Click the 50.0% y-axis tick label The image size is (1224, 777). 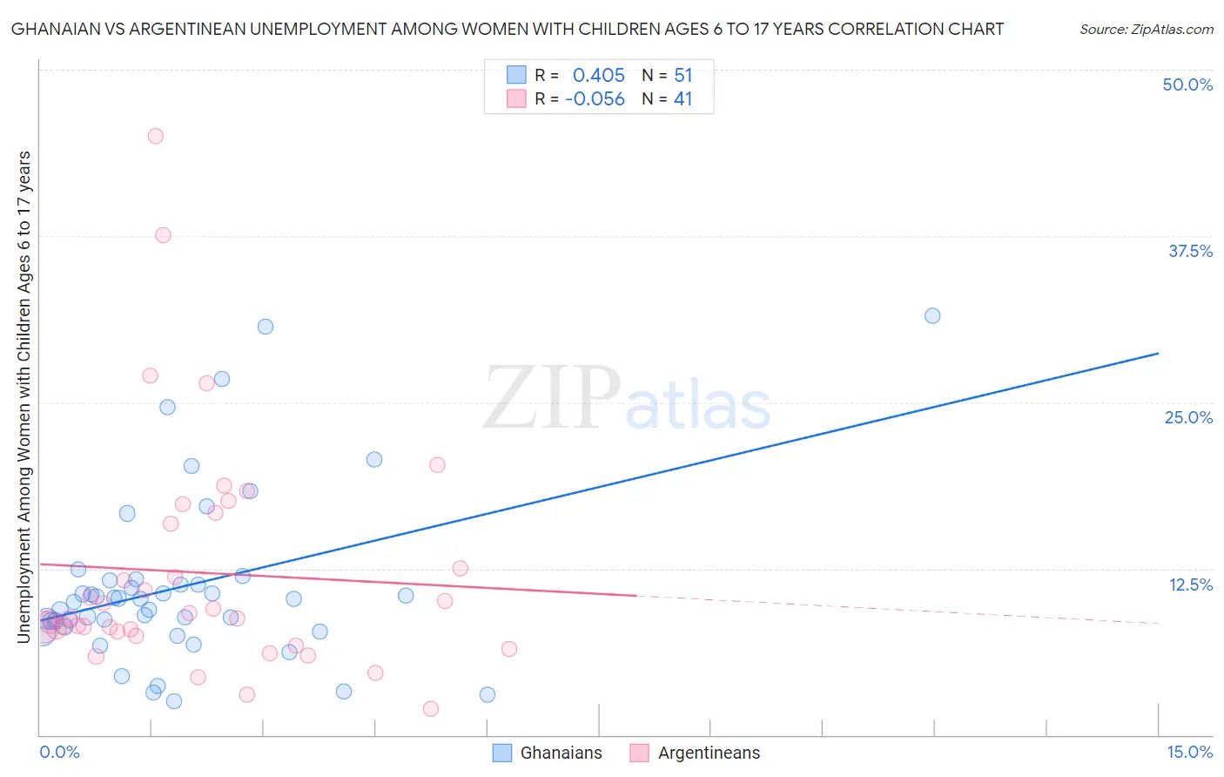1187,84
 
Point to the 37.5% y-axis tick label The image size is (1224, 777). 1190,251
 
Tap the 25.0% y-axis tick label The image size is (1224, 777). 1188,417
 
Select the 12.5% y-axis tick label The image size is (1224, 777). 1190,584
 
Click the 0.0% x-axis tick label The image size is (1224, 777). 59,752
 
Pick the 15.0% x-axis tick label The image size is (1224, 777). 1189,752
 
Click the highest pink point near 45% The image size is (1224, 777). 156,136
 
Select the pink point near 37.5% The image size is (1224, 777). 163,235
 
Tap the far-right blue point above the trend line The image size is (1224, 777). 932,316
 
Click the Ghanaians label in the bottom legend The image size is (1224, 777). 561,753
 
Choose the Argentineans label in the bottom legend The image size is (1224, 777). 709,753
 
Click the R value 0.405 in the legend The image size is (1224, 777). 598,76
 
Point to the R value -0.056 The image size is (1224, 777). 595,99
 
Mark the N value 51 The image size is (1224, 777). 683,76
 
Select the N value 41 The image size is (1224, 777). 683,99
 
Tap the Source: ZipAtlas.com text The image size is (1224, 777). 1146,29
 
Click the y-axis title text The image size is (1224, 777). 24,397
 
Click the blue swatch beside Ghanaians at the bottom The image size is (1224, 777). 502,753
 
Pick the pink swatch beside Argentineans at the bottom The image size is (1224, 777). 640,753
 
